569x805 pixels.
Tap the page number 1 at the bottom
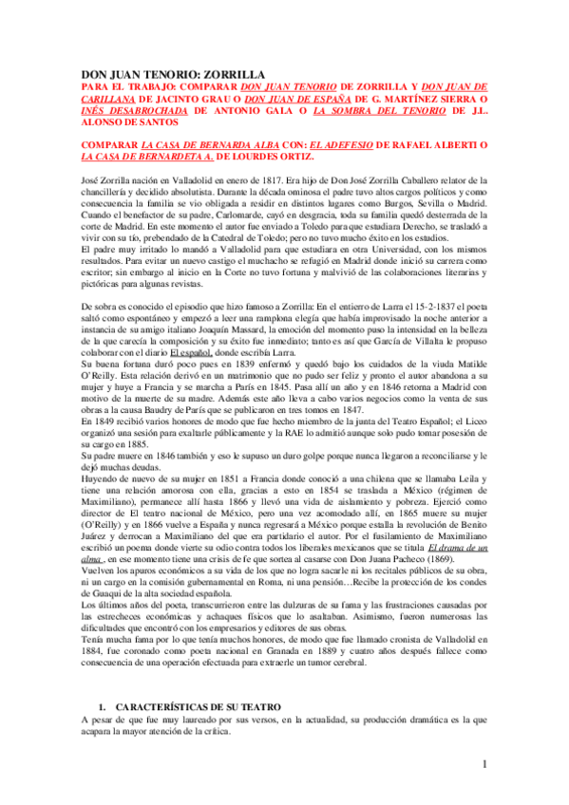[x=484, y=764]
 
